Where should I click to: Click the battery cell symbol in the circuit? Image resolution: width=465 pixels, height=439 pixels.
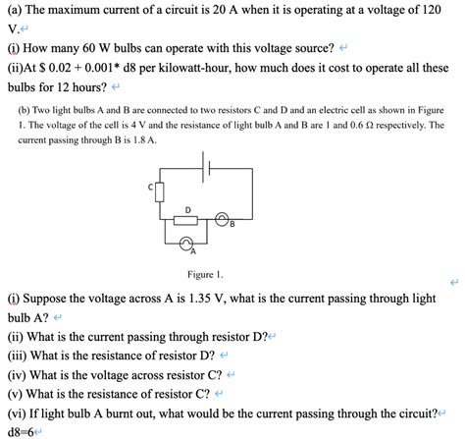point(207,169)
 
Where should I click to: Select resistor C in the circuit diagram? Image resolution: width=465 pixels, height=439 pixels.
point(160,190)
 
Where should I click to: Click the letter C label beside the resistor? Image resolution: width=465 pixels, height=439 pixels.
point(151,185)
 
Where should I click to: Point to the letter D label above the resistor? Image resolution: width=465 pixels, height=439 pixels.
point(187,208)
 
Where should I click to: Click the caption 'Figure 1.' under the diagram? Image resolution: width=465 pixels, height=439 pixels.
point(206,274)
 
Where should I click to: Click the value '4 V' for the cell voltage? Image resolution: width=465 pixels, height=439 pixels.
point(148,126)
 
